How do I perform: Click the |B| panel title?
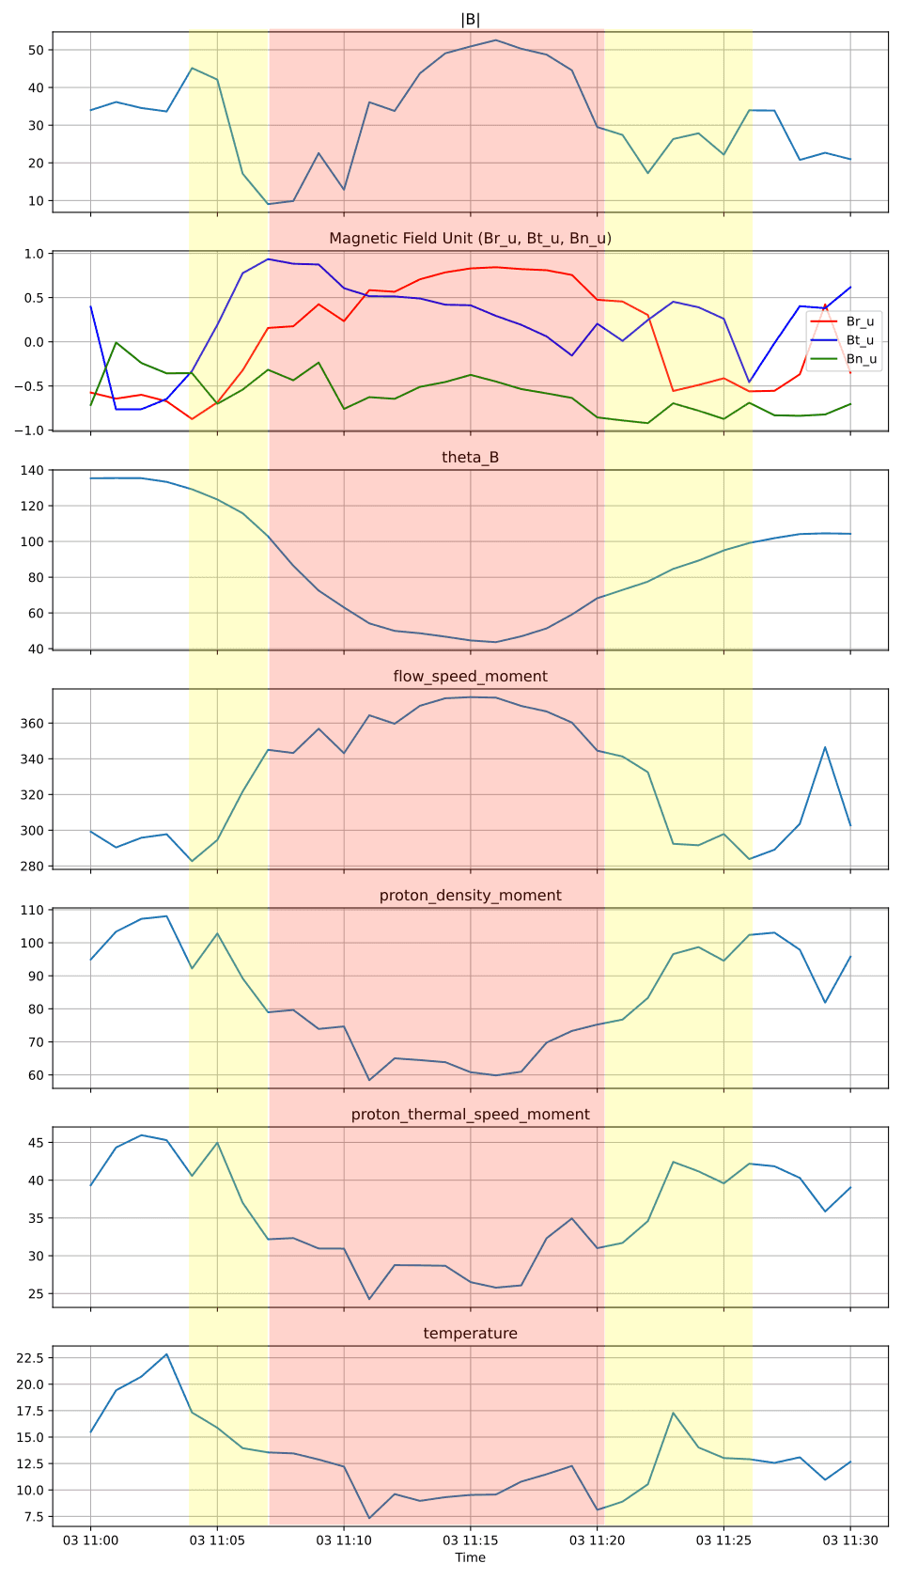470,20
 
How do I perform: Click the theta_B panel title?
470,458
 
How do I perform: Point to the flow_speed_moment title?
470,677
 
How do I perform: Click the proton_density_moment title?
470,896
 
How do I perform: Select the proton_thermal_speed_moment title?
470,1115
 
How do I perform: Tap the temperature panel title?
470,1334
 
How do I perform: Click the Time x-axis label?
470,1557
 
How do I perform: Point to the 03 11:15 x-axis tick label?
470,1540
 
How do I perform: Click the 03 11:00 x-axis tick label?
90,1540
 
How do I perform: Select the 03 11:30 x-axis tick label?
849,1540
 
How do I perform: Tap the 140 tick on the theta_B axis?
31,470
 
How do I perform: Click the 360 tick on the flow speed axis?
31,724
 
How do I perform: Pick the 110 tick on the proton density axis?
31,910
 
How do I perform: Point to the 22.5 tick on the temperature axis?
28,1358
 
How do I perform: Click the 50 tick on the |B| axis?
36,50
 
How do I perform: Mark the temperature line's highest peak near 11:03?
166,1354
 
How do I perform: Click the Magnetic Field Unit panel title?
470,239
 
